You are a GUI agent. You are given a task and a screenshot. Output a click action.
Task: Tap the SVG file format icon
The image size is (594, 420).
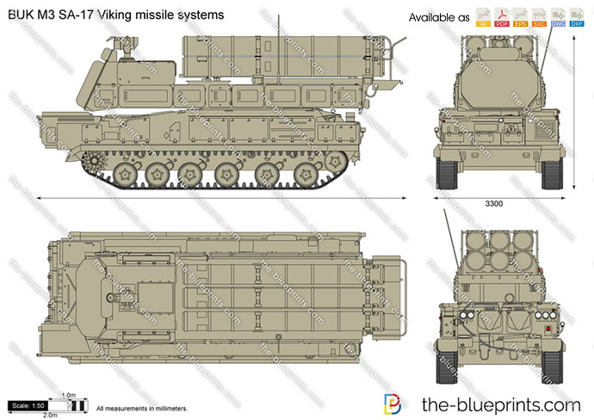coord(541,18)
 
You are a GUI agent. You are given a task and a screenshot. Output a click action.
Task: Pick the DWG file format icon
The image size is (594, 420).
coord(560,18)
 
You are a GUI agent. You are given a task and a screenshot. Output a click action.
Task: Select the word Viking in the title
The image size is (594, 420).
coord(114,15)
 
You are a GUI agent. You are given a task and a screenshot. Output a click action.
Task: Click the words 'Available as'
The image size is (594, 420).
coord(439,18)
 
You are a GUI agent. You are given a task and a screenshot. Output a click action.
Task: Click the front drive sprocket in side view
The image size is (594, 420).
coord(92,160)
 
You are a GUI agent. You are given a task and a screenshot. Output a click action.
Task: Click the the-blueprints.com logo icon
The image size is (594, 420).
coord(392,404)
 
